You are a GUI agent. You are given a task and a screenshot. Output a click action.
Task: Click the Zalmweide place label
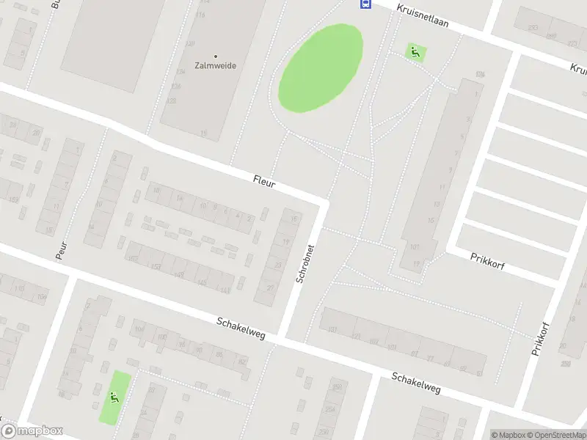point(215,65)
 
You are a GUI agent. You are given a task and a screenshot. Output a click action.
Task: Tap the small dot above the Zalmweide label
point(215,55)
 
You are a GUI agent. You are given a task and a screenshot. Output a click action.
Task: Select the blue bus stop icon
point(364,4)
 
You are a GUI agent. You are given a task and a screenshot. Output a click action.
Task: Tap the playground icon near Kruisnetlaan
point(415,51)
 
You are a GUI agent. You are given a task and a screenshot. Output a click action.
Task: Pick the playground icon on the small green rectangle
point(114,397)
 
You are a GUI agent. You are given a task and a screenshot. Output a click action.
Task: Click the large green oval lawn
point(320,68)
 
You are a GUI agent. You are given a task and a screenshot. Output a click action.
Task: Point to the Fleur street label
point(263,181)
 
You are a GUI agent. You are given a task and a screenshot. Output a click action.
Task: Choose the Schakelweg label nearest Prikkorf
point(415,382)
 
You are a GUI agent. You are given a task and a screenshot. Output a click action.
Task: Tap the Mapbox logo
point(32,431)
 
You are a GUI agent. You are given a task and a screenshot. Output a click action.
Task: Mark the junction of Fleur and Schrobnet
point(322,202)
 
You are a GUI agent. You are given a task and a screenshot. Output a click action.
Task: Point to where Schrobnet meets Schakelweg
point(281,340)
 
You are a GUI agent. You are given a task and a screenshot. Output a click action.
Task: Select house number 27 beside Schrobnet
point(270,288)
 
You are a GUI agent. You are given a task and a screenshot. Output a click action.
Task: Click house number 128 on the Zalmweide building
point(175,86)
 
